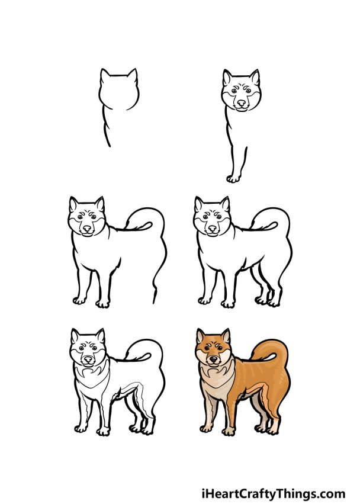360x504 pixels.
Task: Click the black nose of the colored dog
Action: [x=213, y=359]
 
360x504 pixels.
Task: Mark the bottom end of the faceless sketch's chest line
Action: [x=108, y=145]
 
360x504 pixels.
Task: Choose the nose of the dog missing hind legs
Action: [x=88, y=228]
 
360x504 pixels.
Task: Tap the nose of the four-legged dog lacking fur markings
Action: [x=211, y=228]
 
